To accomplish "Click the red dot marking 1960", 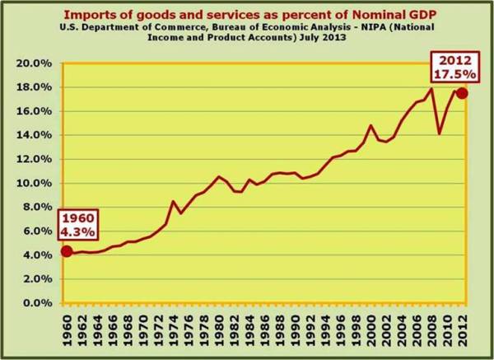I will [66, 251].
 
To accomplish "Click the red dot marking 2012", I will [463, 93].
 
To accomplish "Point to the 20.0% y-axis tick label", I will [37, 63].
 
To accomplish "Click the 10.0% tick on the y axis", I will [37, 183].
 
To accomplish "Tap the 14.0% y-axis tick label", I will [37, 135].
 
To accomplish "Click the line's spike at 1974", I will [173, 201].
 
